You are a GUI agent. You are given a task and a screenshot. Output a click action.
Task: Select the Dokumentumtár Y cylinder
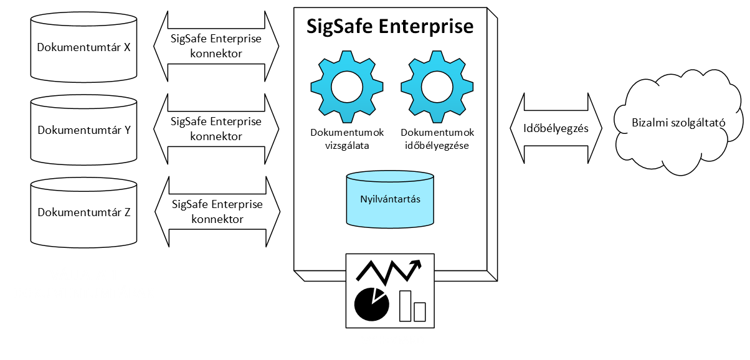(83, 130)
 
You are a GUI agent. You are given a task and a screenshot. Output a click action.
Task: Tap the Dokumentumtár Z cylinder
(83, 212)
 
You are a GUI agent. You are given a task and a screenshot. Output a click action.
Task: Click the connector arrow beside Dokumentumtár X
(216, 46)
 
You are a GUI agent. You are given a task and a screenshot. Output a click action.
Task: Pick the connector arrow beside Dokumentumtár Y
(216, 129)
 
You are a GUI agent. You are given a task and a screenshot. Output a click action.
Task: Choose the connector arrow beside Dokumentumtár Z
(216, 212)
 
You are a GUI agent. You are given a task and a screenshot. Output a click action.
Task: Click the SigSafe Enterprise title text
(390, 27)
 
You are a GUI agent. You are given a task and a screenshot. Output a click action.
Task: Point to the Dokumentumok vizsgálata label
(348, 139)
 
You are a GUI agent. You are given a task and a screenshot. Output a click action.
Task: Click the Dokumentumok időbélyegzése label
(437, 139)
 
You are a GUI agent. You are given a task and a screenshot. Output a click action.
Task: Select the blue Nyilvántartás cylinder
(390, 199)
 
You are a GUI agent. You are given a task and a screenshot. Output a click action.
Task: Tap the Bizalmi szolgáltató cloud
(679, 123)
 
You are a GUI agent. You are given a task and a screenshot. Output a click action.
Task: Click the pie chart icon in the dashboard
(371, 305)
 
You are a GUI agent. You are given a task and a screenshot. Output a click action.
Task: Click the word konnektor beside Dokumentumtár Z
(217, 219)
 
